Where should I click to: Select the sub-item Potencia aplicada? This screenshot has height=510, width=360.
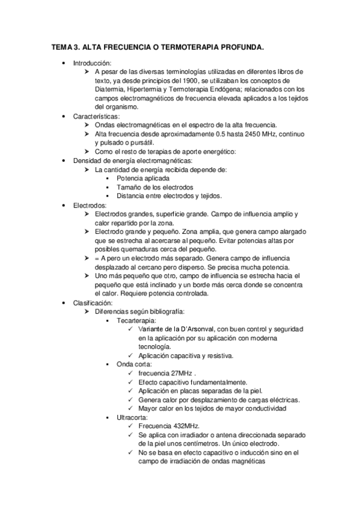tap(143, 178)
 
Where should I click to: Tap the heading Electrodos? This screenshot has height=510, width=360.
tap(90, 205)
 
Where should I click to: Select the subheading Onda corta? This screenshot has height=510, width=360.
tap(135, 364)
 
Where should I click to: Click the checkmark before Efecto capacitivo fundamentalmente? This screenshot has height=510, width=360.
tap(131, 382)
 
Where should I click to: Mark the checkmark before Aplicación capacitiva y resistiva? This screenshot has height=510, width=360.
tap(131, 355)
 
